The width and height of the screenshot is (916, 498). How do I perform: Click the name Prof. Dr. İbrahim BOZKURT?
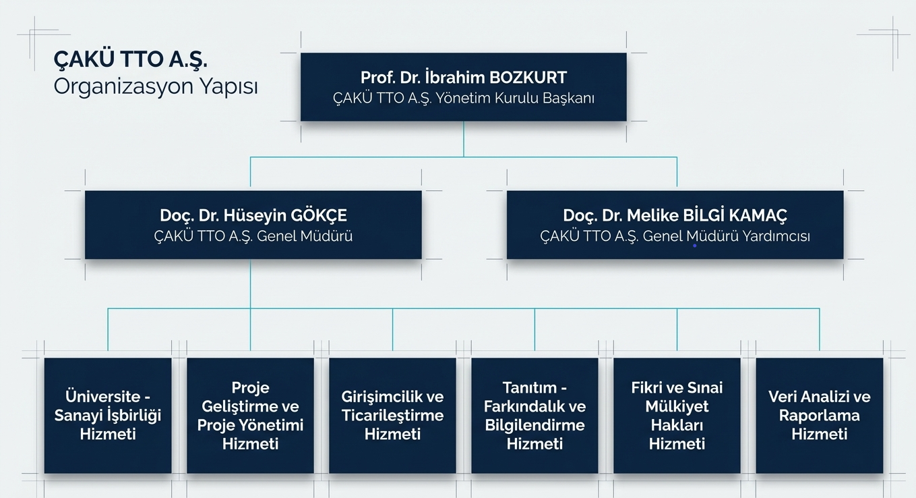pos(463,78)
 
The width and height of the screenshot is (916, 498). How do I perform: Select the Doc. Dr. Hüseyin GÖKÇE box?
pos(253,225)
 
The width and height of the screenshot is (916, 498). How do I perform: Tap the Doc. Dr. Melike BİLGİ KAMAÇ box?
pos(675,225)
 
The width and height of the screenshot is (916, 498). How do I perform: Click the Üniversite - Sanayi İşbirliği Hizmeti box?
pos(108,415)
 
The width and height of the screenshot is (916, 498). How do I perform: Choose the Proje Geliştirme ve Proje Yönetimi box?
pos(250,415)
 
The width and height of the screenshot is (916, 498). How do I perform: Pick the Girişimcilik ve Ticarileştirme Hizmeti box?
pos(392,415)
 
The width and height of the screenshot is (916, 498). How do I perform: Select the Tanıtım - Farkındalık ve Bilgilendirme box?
pos(535,415)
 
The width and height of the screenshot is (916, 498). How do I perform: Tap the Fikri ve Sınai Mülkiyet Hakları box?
pos(677,415)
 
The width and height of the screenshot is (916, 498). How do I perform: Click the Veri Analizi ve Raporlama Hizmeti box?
pos(819,415)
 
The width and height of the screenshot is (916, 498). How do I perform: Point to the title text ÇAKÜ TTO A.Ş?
pos(130,60)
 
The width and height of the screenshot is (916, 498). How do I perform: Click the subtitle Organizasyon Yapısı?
pos(156,87)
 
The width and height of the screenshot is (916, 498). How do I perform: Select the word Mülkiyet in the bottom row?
pos(677,406)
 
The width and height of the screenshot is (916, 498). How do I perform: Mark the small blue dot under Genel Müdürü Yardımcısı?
pos(694,246)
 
